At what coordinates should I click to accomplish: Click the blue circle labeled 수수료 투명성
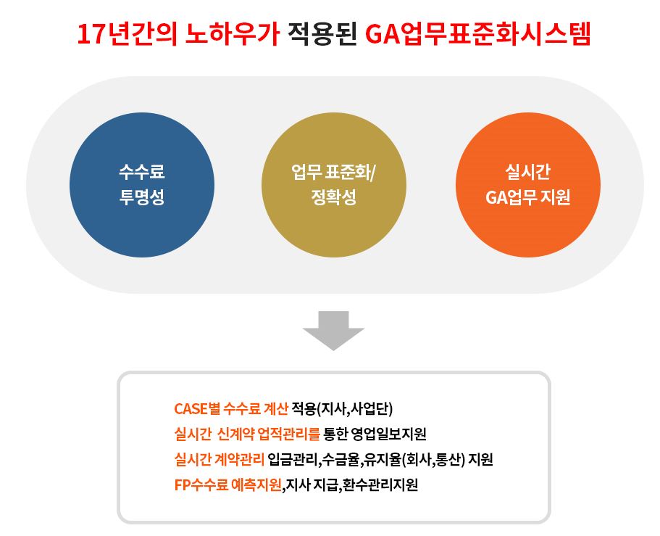142,184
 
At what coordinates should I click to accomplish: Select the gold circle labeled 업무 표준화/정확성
334,184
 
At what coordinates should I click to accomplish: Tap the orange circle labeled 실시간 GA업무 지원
528,184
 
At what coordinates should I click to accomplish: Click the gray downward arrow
333,330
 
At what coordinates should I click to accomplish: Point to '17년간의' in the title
128,33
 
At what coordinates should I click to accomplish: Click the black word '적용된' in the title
322,33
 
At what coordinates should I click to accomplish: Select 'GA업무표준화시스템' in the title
478,33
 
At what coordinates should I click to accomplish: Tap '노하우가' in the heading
233,33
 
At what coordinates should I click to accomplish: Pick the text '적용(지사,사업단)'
342,408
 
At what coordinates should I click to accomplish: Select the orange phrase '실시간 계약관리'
220,459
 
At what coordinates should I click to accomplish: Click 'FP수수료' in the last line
201,485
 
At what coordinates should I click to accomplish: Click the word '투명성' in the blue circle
142,197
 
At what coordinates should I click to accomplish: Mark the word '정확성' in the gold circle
334,197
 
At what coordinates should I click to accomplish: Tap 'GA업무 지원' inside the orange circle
528,197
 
